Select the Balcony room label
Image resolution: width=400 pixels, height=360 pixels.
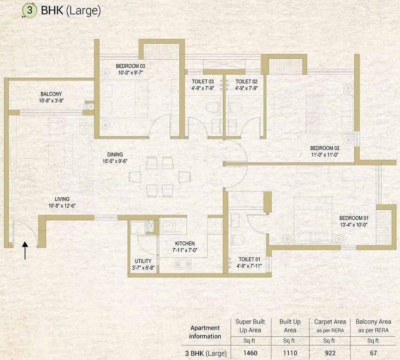coord(51,94)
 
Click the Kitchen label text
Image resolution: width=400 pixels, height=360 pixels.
coord(184,243)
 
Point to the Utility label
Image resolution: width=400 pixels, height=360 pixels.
coord(143,261)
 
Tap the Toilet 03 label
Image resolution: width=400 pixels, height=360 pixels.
coord(203,81)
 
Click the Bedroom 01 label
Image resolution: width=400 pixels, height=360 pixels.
coord(354,218)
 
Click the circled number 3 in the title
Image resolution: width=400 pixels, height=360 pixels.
coord(29,11)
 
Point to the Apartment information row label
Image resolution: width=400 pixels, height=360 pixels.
coord(205,332)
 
